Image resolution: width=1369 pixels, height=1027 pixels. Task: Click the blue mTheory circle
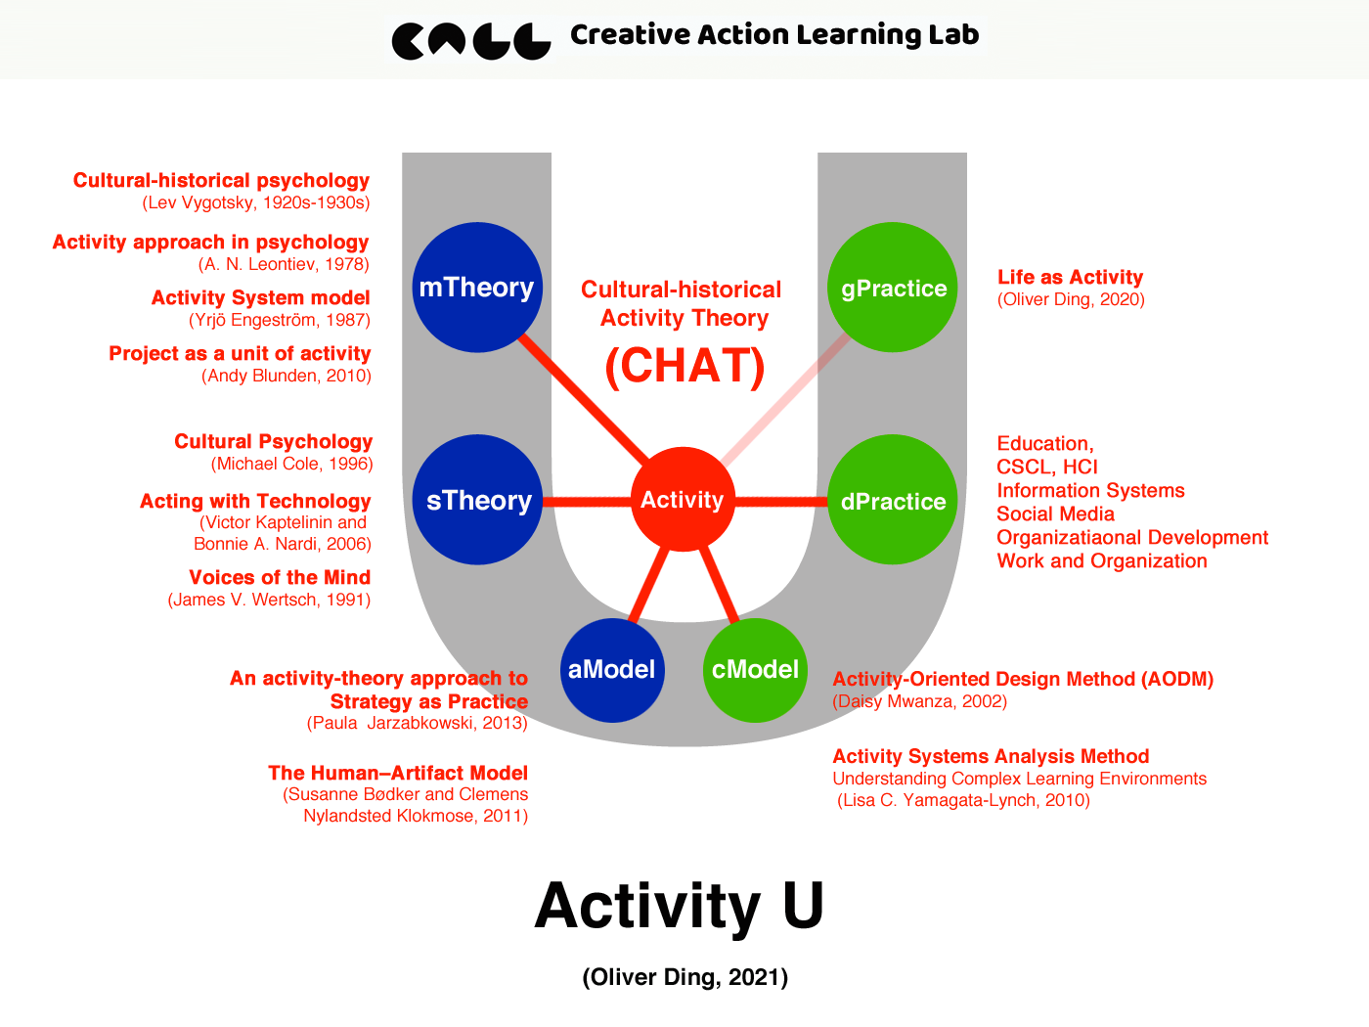click(x=477, y=287)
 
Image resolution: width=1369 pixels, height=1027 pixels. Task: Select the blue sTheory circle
click(x=477, y=500)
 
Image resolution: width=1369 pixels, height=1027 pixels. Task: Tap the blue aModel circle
click(x=612, y=670)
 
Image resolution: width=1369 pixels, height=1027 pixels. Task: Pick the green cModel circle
click(x=755, y=670)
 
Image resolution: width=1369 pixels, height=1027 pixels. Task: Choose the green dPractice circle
click(x=893, y=500)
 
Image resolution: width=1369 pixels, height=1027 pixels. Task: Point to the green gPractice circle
click(x=893, y=287)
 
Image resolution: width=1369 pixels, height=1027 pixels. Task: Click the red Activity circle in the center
click(x=683, y=499)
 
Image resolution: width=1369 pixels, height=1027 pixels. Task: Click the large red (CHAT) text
click(x=684, y=366)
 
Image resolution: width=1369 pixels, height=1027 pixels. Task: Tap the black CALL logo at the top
click(x=471, y=40)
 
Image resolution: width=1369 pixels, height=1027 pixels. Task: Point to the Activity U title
click(x=680, y=906)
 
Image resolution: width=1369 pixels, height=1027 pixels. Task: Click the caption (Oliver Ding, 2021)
click(x=684, y=977)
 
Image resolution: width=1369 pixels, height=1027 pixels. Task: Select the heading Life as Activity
click(x=1070, y=277)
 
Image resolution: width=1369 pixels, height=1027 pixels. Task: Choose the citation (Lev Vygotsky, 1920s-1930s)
click(x=256, y=202)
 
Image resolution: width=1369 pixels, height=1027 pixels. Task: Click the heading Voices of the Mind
click(x=280, y=577)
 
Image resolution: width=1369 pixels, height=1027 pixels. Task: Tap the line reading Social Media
click(x=1055, y=513)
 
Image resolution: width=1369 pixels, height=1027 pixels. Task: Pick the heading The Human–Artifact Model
click(x=398, y=773)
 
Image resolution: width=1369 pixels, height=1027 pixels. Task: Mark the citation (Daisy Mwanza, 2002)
click(x=919, y=701)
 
